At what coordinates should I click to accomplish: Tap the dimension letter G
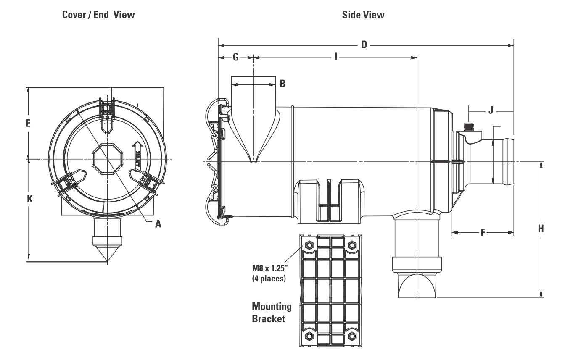pos(236,57)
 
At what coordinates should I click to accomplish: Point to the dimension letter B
pos(283,84)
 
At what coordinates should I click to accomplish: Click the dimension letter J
pos(490,111)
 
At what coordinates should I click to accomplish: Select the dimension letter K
pos(29,199)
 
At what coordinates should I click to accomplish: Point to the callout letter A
pos(158,224)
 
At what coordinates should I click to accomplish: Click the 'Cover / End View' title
pos(98,15)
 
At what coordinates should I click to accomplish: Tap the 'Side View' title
pos(364,15)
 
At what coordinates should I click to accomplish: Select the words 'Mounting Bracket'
pos(272,312)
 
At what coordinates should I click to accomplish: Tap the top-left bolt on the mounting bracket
pos(309,244)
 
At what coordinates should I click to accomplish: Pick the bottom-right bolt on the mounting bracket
pos(352,337)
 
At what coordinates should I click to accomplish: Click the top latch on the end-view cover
pos(107,110)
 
